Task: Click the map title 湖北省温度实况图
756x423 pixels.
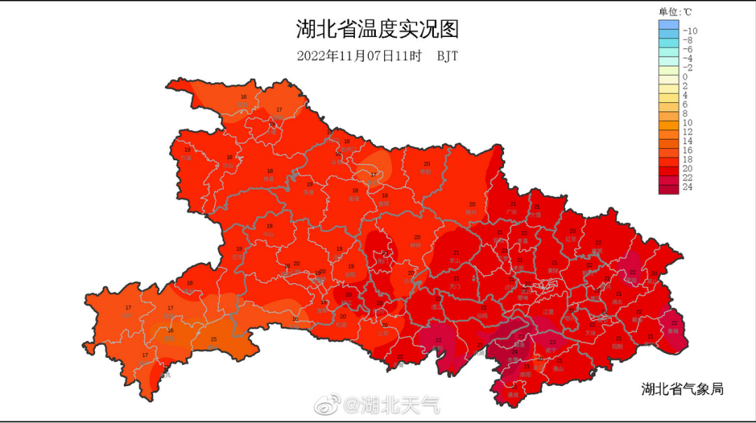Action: click(x=377, y=29)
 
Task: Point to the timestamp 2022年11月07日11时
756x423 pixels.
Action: click(x=359, y=57)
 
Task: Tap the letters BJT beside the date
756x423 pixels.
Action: click(x=448, y=57)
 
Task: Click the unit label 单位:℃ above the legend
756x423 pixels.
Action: click(x=675, y=12)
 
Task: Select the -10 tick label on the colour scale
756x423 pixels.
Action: click(x=689, y=31)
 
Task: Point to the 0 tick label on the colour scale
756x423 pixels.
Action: click(x=685, y=77)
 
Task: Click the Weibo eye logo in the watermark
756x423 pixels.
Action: click(x=325, y=403)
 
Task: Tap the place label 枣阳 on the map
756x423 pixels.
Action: click(x=426, y=171)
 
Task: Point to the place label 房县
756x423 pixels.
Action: click(x=269, y=178)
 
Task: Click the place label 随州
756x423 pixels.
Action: click(x=471, y=211)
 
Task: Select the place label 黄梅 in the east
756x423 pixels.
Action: click(x=673, y=331)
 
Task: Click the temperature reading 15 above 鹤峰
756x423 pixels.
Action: click(x=214, y=340)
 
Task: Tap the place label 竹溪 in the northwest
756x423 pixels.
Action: click(x=186, y=158)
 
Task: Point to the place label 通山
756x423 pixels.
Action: click(x=558, y=368)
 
